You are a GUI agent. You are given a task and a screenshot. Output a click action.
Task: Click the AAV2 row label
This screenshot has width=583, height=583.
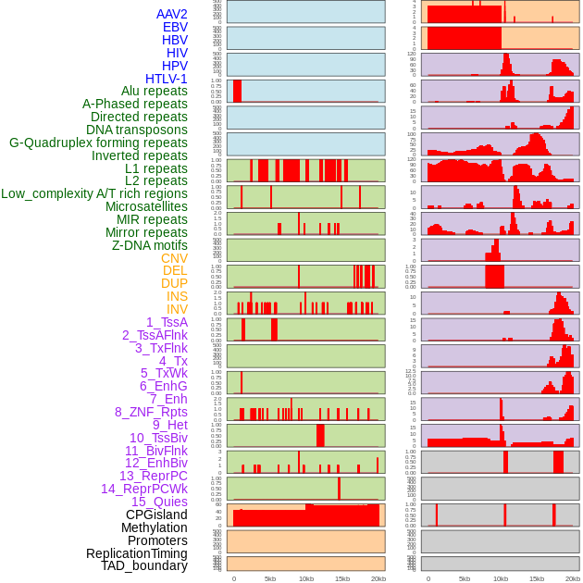tap(171, 14)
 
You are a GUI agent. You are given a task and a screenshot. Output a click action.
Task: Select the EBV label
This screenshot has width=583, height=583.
tap(175, 27)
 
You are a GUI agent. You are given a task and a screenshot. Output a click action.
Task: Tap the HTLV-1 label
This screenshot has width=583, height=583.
tap(167, 79)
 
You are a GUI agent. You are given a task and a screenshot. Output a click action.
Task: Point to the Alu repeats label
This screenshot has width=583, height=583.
tap(155, 91)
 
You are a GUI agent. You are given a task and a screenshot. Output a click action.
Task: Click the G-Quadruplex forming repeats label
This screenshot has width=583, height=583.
tap(98, 143)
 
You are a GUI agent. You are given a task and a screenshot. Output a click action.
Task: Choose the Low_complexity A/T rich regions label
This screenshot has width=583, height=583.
tap(94, 193)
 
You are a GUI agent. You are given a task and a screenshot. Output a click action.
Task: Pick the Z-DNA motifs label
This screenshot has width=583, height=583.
tap(150, 245)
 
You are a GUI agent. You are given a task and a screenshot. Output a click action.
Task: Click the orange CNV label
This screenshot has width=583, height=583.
tap(174, 258)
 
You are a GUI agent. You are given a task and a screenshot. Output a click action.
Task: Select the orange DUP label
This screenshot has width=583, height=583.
tap(174, 283)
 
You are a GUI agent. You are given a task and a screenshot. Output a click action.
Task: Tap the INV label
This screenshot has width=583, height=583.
tap(177, 309)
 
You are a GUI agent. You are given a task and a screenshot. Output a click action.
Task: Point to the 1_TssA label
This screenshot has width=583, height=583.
tap(167, 322)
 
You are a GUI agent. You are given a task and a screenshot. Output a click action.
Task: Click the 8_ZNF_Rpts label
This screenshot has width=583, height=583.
tap(151, 412)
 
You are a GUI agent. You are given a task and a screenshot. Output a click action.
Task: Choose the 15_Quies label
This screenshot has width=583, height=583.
tap(159, 502)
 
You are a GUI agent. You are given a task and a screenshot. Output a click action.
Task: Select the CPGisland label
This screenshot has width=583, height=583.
tap(156, 515)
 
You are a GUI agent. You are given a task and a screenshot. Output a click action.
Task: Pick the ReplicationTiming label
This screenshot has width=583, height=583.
tap(136, 553)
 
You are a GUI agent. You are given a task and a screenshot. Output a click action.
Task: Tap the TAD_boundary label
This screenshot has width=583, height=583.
tap(144, 565)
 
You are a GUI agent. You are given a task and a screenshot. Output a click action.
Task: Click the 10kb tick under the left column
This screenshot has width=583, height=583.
tap(305, 578)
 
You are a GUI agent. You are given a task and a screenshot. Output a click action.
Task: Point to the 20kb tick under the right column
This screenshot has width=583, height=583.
tap(573, 578)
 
